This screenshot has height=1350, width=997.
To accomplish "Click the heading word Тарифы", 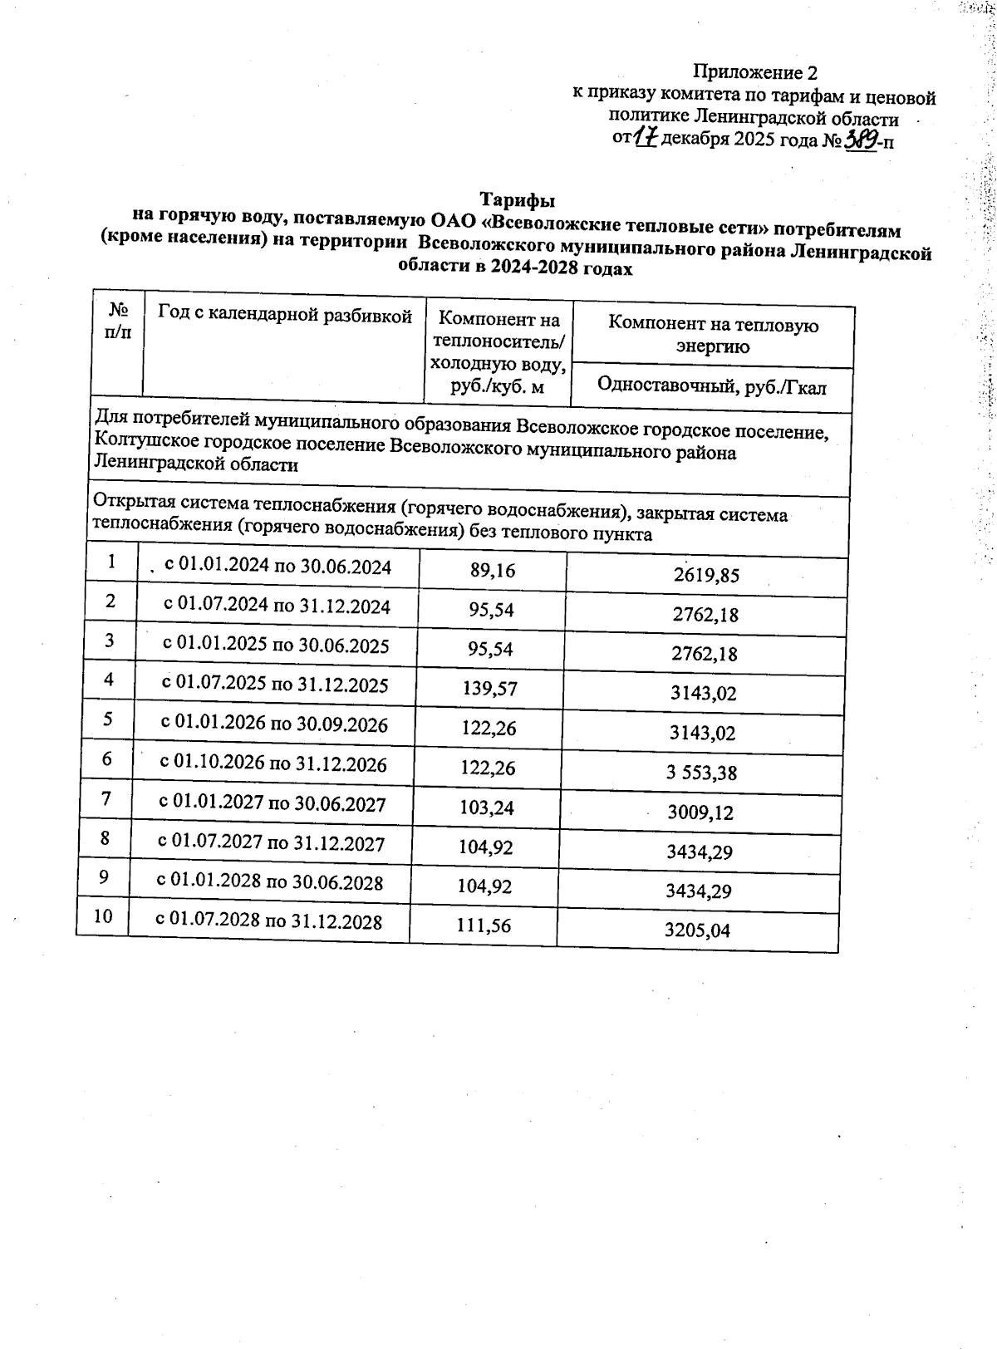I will [x=517, y=200].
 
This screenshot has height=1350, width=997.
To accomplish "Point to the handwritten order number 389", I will [x=861, y=139].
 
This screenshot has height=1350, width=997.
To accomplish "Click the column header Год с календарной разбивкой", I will [x=285, y=316].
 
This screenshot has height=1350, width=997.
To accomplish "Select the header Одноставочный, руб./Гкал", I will [x=712, y=386].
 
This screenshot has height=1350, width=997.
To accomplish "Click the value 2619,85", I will [x=706, y=575].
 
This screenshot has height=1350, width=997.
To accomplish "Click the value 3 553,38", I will [x=701, y=773].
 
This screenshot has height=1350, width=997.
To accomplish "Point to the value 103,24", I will [x=487, y=807].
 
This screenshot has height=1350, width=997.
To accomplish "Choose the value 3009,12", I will [x=700, y=812].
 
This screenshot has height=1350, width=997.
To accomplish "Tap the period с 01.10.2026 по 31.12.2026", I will [x=273, y=763].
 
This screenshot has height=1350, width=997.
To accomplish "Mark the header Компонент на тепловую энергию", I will [x=713, y=335].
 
